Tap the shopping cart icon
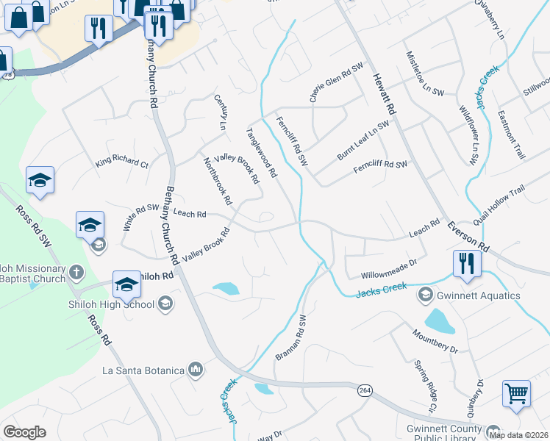coord(516,393)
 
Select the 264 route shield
coord(365,390)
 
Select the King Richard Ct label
coord(122,160)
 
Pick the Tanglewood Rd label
coord(261,153)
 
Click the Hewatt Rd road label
coord(385,92)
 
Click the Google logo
coord(24,432)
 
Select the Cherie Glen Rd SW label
coord(336,82)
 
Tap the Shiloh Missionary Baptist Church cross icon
coord(75,273)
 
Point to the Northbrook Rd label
coord(218,180)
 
